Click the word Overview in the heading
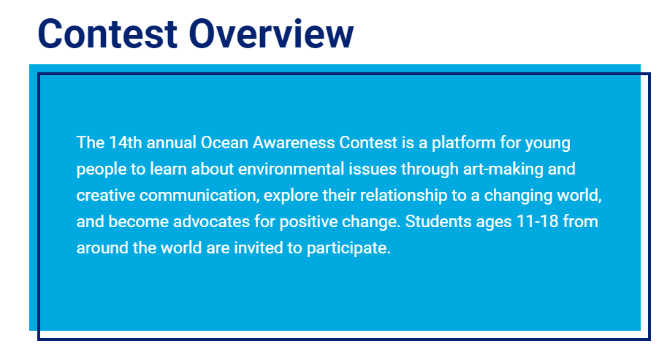(x=271, y=34)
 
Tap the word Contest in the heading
(x=107, y=34)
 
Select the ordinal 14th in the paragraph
(x=125, y=142)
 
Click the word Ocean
(x=224, y=142)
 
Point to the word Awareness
(x=294, y=142)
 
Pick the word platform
(x=463, y=143)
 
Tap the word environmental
(x=291, y=169)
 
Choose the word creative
(x=105, y=195)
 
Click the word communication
(x=199, y=195)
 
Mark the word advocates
(x=211, y=221)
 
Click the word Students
(x=438, y=221)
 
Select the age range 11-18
(x=537, y=221)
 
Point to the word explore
(x=291, y=196)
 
